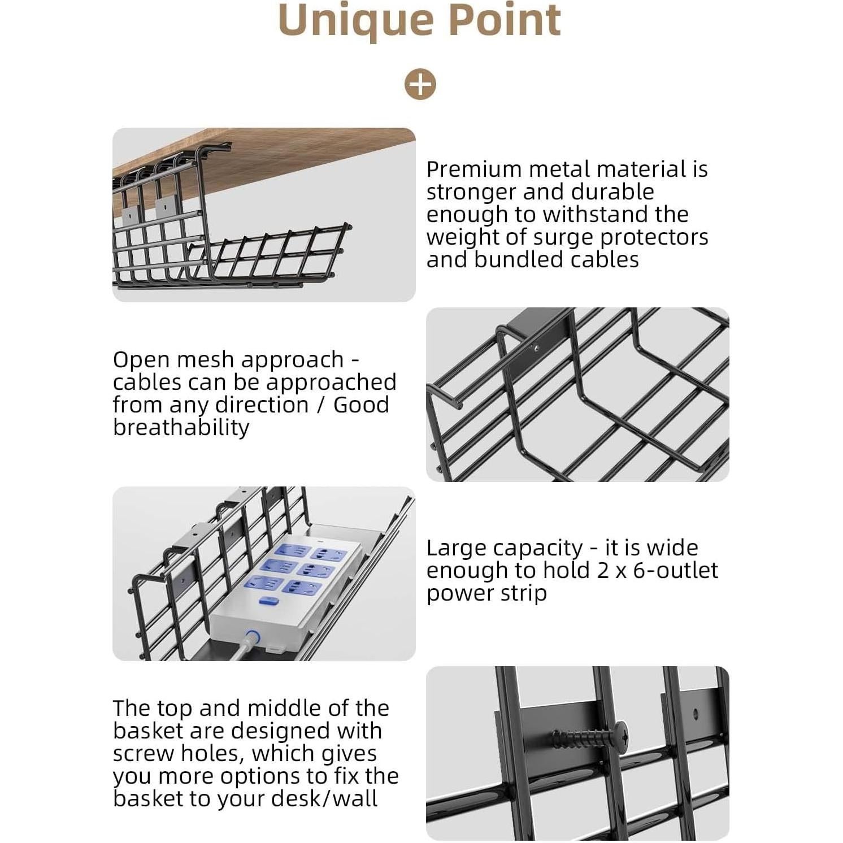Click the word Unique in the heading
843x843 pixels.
click(355, 20)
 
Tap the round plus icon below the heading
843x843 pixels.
click(420, 85)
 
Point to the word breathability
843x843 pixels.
click(181, 427)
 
